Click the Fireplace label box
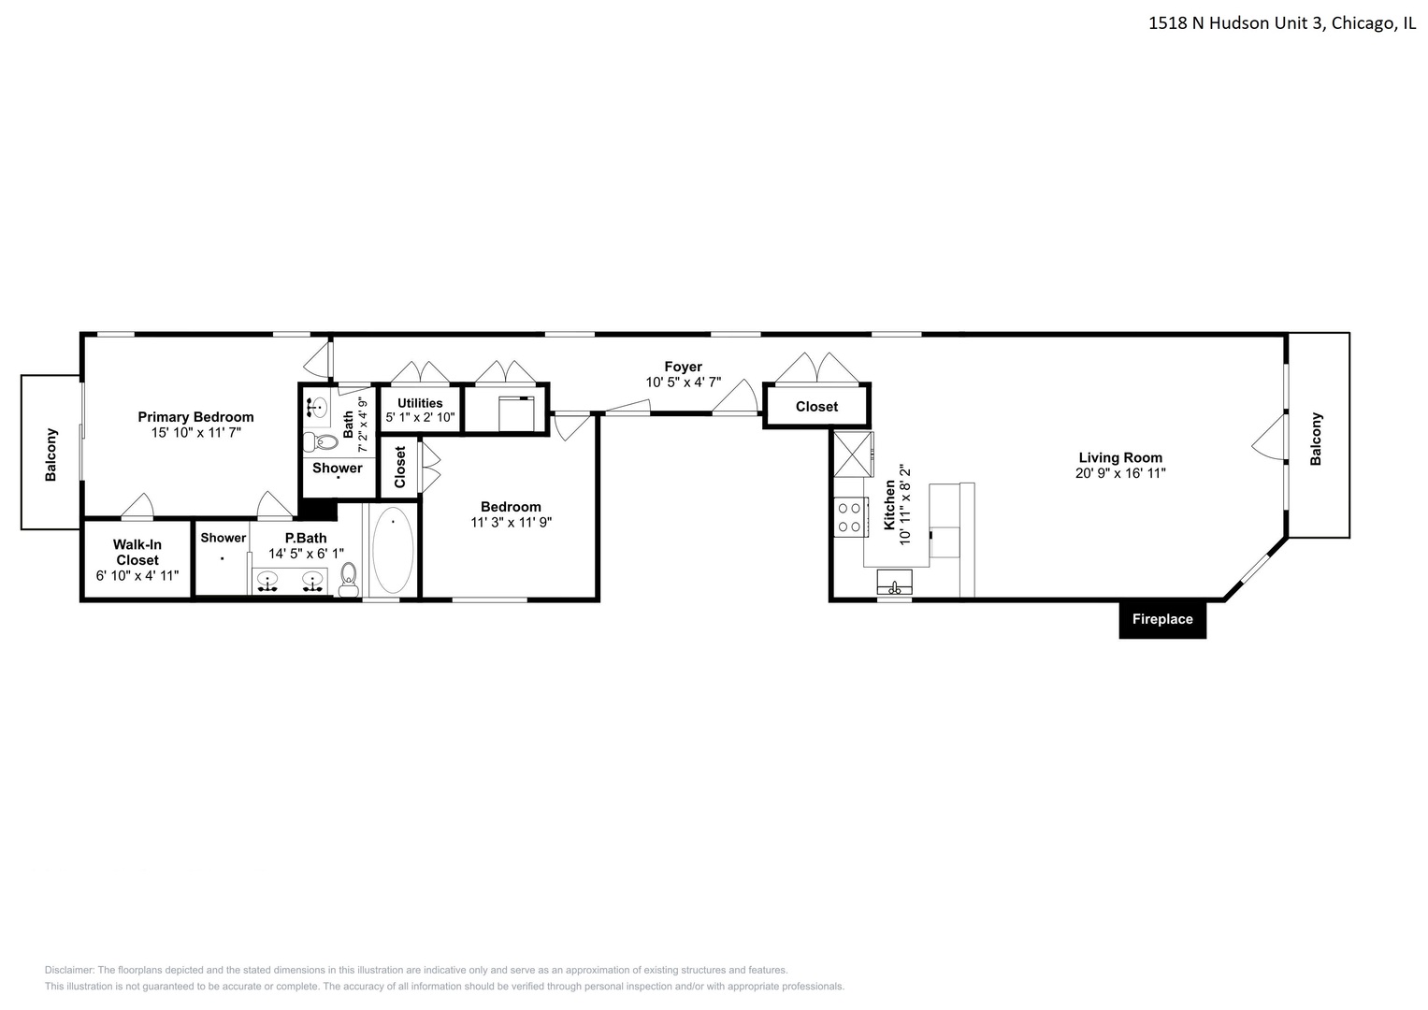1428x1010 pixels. pyautogui.click(x=1162, y=619)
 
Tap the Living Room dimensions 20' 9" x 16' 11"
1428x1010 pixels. pyautogui.click(x=1120, y=473)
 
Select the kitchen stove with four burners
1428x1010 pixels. pyautogui.click(x=849, y=517)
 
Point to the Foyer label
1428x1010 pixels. pyautogui.click(x=683, y=367)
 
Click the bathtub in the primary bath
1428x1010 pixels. pyautogui.click(x=393, y=551)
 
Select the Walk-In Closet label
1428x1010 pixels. pyautogui.click(x=137, y=552)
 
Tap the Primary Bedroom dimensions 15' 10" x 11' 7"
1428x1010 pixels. pyautogui.click(x=196, y=432)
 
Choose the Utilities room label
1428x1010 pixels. pyautogui.click(x=420, y=403)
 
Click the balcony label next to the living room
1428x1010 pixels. pyautogui.click(x=1317, y=439)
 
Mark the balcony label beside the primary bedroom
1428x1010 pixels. pyautogui.click(x=51, y=454)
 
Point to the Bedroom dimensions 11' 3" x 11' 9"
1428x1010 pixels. pyautogui.click(x=512, y=523)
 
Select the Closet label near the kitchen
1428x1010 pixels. pyautogui.click(x=816, y=407)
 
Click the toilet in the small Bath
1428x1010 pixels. pyautogui.click(x=324, y=440)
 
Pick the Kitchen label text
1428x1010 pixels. pyautogui.click(x=889, y=505)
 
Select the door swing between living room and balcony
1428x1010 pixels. pyautogui.click(x=1268, y=438)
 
